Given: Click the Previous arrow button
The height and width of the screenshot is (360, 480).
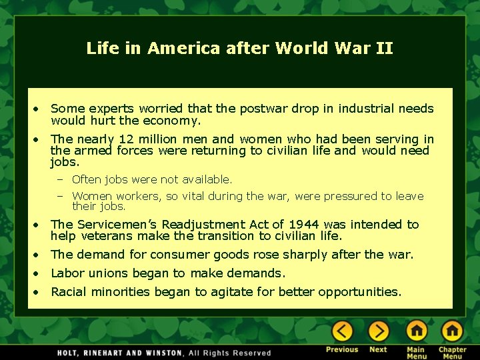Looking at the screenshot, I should click(x=343, y=331).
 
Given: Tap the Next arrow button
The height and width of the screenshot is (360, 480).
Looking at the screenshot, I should click(x=378, y=331).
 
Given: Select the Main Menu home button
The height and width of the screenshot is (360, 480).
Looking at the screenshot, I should click(x=416, y=331).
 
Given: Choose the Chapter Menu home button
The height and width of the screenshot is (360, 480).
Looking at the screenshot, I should click(x=452, y=331).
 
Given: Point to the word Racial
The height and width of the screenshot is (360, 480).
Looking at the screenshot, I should click(x=69, y=291).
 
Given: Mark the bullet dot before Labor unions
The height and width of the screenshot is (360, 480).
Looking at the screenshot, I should click(x=40, y=273).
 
